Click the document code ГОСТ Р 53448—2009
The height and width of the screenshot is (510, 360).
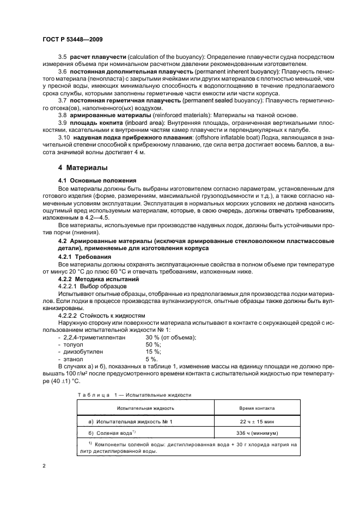point(72,40)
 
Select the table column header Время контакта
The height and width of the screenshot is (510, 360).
point(257,408)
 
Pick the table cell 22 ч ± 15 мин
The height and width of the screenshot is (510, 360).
point(257,421)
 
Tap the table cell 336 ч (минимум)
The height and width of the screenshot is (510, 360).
point(257,433)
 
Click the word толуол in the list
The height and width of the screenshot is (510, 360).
point(75,345)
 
